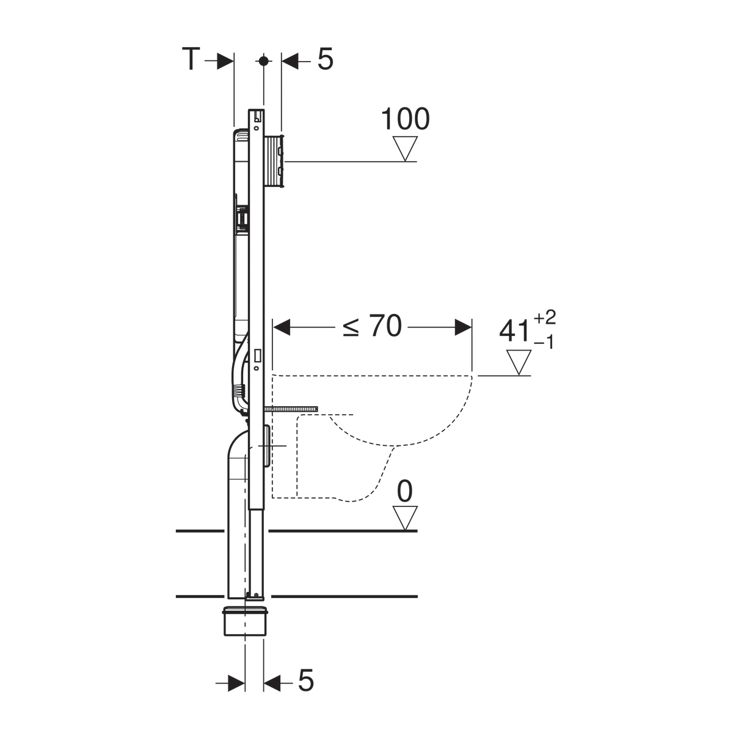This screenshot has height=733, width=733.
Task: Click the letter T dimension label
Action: pyautogui.click(x=191, y=59)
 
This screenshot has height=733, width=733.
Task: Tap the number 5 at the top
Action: pyautogui.click(x=325, y=59)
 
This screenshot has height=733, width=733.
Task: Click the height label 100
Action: pyautogui.click(x=405, y=119)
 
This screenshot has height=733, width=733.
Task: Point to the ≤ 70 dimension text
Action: pyautogui.click(x=372, y=326)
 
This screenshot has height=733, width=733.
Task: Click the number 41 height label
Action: pyautogui.click(x=515, y=331)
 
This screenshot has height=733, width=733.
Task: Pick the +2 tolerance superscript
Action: pyautogui.click(x=545, y=317)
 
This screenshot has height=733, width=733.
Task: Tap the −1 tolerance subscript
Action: pyautogui.click(x=544, y=343)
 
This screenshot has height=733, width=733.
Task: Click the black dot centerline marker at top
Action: pyautogui.click(x=263, y=60)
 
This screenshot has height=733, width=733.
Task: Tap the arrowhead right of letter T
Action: pyautogui.click(x=225, y=60)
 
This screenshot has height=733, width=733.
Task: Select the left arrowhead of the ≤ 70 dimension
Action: pyautogui.click(x=282, y=327)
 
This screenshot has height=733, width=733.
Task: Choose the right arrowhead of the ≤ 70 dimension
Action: pyautogui.click(x=463, y=327)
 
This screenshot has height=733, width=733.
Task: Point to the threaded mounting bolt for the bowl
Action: pyautogui.click(x=291, y=409)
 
